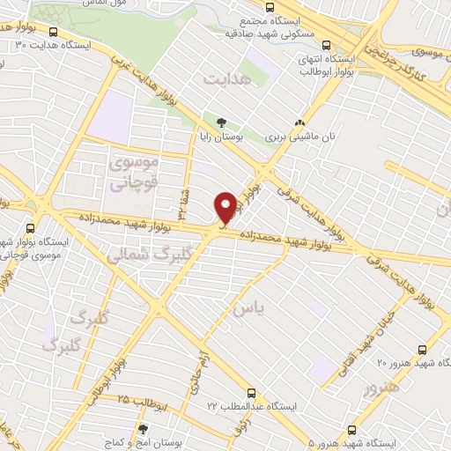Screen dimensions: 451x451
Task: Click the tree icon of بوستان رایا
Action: [221, 122]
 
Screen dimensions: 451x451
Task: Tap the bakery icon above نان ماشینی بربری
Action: [301, 123]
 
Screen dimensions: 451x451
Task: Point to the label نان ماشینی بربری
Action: [301, 137]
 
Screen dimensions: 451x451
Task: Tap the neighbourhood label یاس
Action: [248, 308]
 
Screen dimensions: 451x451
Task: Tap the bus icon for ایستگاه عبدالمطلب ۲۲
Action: [253, 392]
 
